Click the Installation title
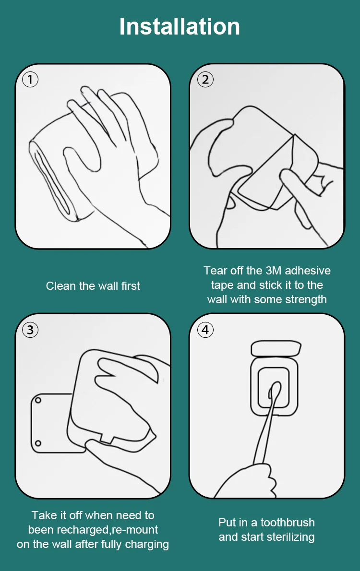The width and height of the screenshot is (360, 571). (x=180, y=26)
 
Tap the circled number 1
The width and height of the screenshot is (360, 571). (x=30, y=79)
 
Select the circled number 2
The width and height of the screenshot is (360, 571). (x=205, y=79)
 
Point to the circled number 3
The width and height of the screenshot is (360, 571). (x=30, y=330)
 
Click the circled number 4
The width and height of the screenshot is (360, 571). (x=205, y=330)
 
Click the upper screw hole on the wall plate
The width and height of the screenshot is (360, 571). (x=38, y=400)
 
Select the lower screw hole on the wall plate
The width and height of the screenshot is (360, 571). (x=38, y=443)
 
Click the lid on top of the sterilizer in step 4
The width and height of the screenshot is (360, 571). (x=276, y=348)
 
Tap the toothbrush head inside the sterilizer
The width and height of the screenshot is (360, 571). (x=275, y=392)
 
